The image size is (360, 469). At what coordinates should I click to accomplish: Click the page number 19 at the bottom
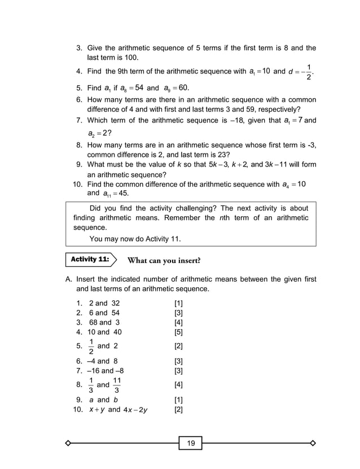(x=191, y=443)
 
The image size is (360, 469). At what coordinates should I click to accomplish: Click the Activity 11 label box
(x=90, y=260)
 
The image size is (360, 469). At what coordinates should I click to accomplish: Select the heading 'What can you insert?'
(x=164, y=260)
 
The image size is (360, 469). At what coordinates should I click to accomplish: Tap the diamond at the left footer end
(x=68, y=443)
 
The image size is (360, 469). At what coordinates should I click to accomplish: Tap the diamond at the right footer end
(x=313, y=443)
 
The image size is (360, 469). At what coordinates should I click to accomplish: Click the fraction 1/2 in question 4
(x=308, y=72)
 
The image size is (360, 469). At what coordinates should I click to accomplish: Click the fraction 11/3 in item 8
(x=117, y=385)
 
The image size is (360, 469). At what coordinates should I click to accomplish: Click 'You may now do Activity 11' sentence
(x=135, y=238)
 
